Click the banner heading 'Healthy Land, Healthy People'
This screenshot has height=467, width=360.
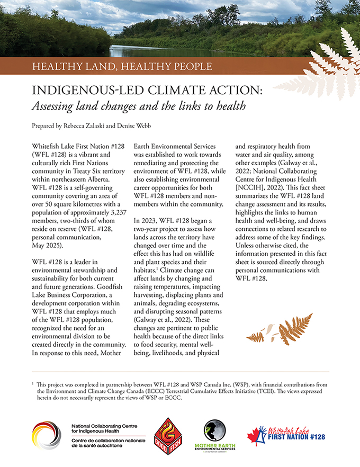pyautogui.click(x=122, y=67)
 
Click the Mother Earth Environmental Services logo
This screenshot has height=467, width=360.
pyautogui.click(x=218, y=435)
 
